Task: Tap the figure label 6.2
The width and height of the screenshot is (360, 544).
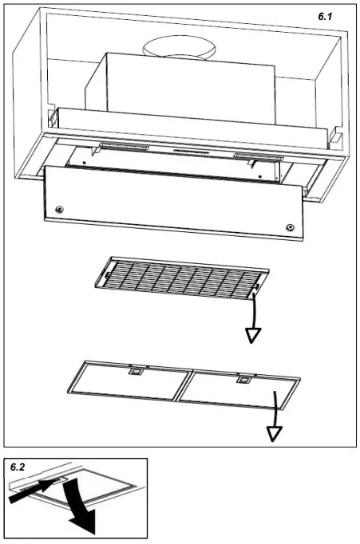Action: pyautogui.click(x=19, y=467)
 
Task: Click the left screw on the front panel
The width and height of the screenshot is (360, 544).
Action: pyautogui.click(x=59, y=209)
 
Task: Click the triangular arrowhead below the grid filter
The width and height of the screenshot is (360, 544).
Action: pyautogui.click(x=255, y=334)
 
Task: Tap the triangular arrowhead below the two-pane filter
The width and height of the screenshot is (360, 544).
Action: pyautogui.click(x=275, y=433)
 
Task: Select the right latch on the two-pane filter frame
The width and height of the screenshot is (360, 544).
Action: pyautogui.click(x=242, y=381)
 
